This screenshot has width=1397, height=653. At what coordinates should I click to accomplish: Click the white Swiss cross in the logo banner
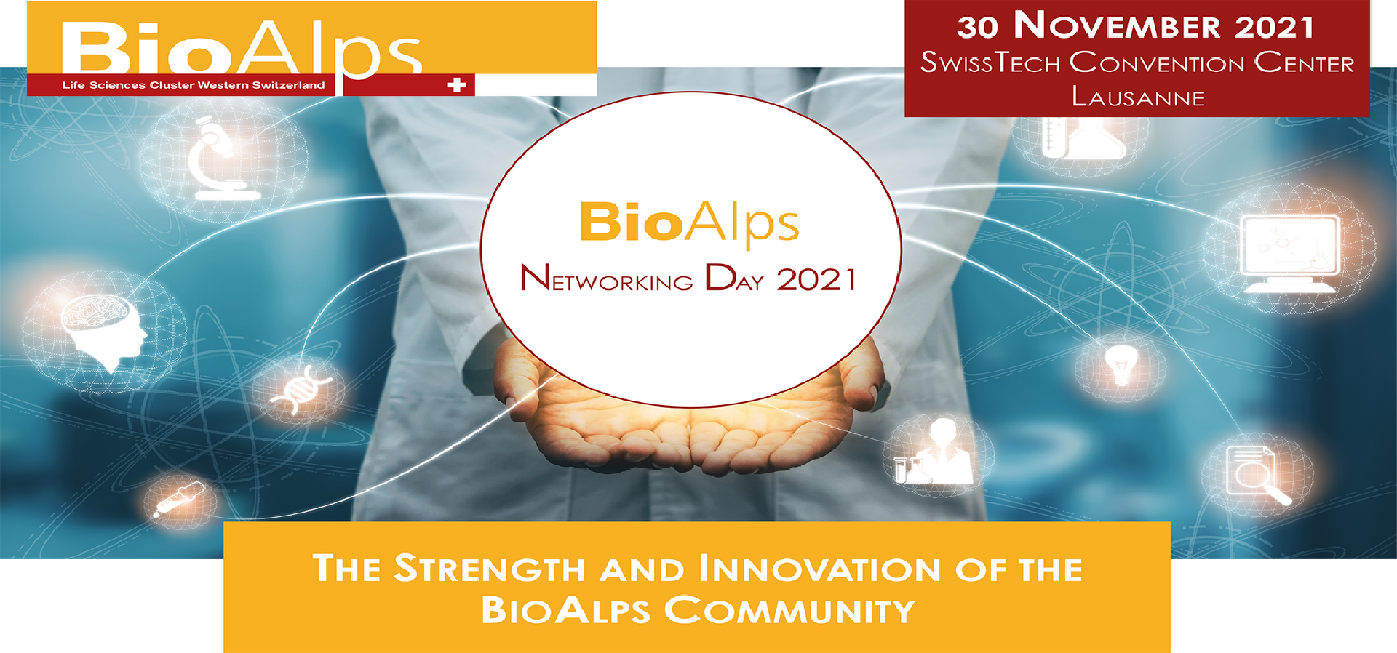tap(457, 85)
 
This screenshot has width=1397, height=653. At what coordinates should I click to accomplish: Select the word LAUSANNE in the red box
tap(1138, 97)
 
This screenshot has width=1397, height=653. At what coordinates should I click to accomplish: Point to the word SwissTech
tap(990, 63)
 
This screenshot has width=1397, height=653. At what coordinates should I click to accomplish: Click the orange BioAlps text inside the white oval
tap(689, 223)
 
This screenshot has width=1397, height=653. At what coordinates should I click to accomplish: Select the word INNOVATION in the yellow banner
tap(819, 569)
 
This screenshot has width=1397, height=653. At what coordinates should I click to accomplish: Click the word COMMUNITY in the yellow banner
tap(789, 610)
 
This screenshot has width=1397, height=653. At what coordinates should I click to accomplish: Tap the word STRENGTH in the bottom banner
tap(489, 569)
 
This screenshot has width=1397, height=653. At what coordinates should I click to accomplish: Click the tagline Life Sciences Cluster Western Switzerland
tap(194, 85)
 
